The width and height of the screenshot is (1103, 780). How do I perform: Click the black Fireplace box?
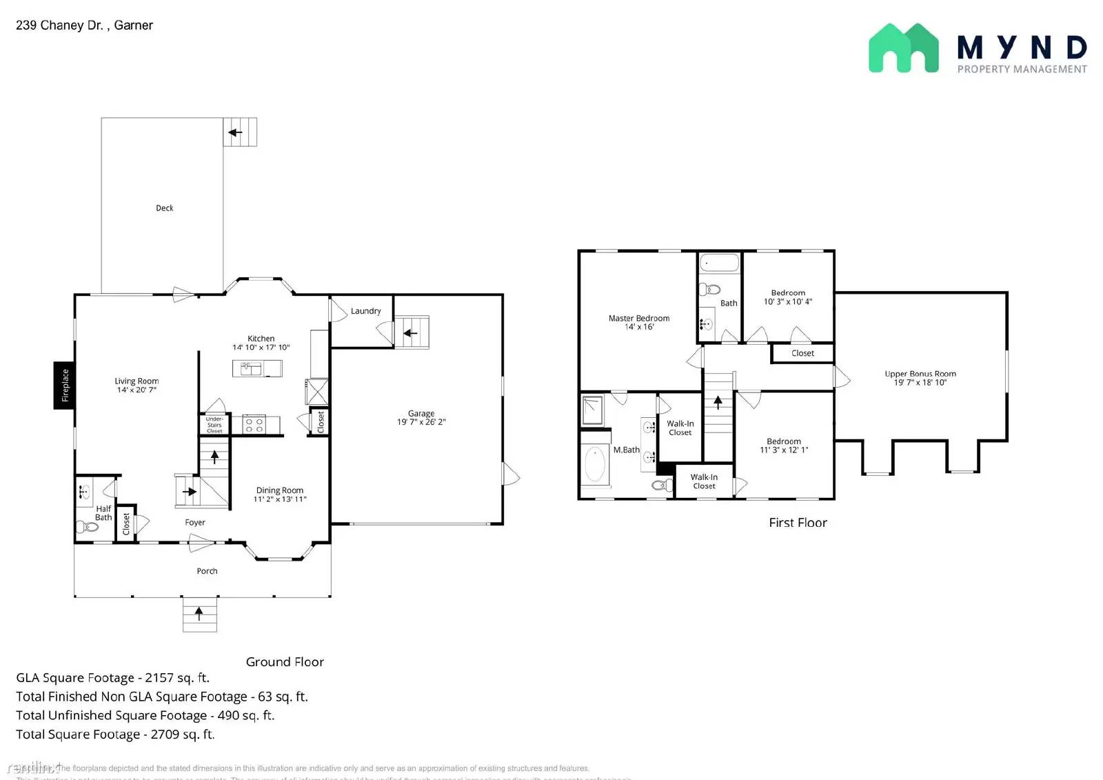coord(64,385)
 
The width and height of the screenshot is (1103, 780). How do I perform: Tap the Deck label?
coord(164,208)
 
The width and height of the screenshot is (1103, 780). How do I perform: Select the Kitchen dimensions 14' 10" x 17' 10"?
coord(261,348)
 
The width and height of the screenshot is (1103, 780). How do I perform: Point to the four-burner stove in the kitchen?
coord(254,425)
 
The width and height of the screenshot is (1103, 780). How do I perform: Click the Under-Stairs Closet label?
coord(214,425)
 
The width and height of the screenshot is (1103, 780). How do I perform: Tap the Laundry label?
coord(365,311)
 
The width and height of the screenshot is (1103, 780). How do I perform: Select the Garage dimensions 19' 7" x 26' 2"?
coord(421,422)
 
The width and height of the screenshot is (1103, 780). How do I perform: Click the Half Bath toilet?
coord(88,528)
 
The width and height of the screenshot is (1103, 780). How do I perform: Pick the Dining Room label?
coord(279,490)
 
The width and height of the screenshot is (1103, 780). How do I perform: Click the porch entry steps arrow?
coord(199,612)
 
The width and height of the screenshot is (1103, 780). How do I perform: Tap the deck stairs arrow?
coord(236,132)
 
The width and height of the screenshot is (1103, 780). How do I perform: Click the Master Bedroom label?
coord(638,318)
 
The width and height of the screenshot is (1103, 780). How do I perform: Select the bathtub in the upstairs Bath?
coord(719,263)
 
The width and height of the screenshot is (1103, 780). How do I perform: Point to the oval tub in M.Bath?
coord(594,464)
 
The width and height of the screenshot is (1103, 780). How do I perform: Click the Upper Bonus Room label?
coord(920,374)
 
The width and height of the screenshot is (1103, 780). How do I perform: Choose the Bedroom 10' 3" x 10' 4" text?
coord(787,301)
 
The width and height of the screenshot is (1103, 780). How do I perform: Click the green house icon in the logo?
coord(903,48)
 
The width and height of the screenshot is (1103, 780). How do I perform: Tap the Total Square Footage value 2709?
coord(165,734)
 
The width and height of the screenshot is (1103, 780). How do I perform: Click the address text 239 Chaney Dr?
coord(59,26)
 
